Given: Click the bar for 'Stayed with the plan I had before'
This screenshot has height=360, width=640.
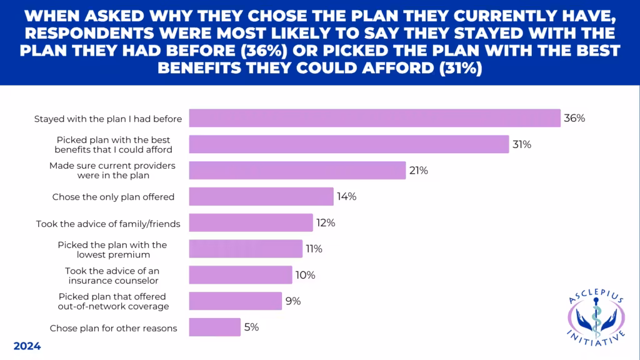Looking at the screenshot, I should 374,118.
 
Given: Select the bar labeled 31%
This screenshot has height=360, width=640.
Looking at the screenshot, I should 349,144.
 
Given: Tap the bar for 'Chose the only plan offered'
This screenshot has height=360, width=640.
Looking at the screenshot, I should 261,197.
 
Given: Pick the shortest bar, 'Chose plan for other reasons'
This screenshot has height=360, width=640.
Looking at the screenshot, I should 214,327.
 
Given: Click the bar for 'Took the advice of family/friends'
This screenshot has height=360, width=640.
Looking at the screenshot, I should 251,223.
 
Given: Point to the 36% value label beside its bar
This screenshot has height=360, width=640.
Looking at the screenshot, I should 574,118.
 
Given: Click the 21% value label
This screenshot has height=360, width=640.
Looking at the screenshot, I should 419,171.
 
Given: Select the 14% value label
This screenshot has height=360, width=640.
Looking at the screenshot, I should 346,197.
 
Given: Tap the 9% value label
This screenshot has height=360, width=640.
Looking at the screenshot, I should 293,301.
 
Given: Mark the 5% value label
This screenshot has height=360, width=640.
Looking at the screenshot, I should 251,327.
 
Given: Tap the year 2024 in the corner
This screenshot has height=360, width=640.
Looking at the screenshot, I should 27,346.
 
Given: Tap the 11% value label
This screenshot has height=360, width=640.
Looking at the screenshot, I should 314,249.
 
